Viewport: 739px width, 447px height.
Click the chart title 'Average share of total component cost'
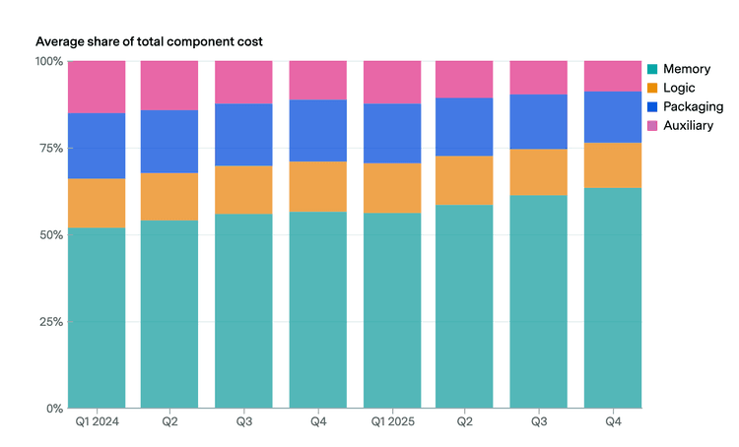[x=149, y=42]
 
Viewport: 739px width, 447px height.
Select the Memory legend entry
[x=679, y=69]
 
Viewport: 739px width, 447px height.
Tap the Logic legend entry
[x=671, y=88]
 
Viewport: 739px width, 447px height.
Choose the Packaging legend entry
[x=685, y=107]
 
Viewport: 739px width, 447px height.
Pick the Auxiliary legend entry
[x=680, y=125]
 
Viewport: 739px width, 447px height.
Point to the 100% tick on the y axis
[x=49, y=61]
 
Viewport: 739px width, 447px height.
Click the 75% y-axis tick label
[x=51, y=149]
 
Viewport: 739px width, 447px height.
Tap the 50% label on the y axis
[x=51, y=235]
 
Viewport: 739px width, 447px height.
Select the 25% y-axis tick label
[x=51, y=322]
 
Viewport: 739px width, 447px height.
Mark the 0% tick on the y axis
[x=54, y=409]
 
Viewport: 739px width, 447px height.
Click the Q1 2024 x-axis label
[x=98, y=421]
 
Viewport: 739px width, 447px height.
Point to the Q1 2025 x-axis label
[x=392, y=421]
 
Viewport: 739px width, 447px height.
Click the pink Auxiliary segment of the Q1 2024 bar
[x=97, y=88]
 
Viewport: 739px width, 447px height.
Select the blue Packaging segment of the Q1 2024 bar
[x=97, y=146]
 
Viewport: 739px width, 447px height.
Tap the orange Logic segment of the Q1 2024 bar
[x=97, y=204]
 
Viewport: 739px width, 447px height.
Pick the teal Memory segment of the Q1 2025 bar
[x=392, y=311]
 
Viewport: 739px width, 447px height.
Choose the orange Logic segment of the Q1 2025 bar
[x=392, y=188]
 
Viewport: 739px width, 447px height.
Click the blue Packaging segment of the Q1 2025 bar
[x=392, y=134]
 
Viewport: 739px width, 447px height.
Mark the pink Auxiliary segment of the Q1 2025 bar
[x=392, y=83]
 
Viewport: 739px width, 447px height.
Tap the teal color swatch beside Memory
[x=652, y=69]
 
